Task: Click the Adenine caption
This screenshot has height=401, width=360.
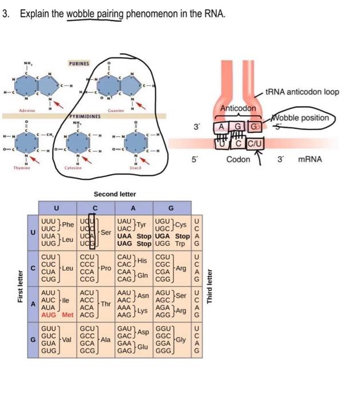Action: [27, 110]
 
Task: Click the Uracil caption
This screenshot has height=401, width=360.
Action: [136, 168]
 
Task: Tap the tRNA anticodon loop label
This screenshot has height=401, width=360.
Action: [304, 92]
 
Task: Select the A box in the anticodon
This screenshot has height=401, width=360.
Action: [220, 127]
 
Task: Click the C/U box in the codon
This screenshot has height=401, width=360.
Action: [254, 143]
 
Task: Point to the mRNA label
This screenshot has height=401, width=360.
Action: [310, 159]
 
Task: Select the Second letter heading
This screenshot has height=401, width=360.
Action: [114, 194]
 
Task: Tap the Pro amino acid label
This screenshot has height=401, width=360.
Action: [105, 268]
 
